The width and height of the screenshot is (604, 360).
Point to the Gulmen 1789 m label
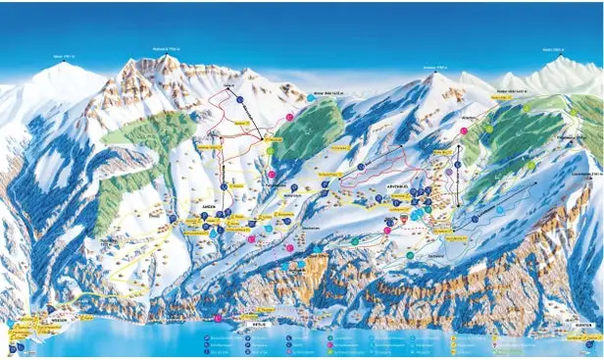(x=435, y=67)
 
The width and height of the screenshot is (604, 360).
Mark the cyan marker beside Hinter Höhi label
(x=310, y=99)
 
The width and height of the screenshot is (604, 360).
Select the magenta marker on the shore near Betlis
(x=218, y=318)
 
